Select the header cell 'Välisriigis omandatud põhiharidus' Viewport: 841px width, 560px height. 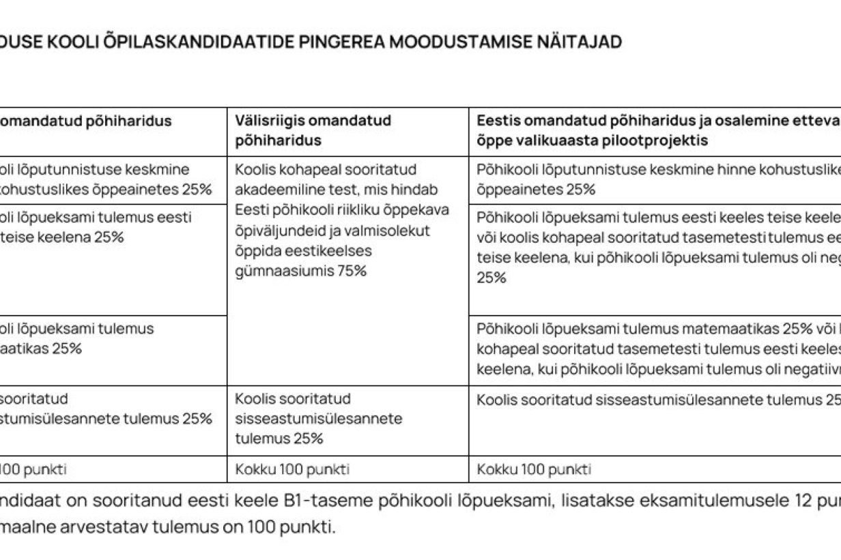[x=347, y=131]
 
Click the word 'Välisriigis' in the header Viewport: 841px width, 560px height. [x=270, y=121]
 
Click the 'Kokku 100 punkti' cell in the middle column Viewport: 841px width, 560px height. [x=292, y=469]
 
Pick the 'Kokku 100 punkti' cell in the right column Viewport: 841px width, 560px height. [x=534, y=469]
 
